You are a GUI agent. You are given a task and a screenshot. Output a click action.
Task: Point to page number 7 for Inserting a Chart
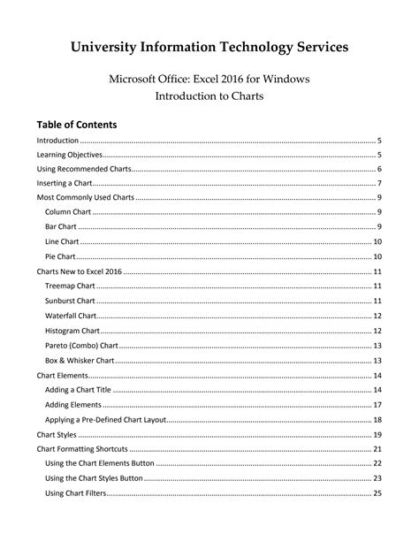click(x=378, y=183)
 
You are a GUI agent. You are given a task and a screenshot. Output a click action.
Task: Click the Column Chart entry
click(x=68, y=212)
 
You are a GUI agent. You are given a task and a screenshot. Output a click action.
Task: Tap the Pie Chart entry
click(x=61, y=256)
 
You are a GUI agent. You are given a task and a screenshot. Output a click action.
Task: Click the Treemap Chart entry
click(x=70, y=286)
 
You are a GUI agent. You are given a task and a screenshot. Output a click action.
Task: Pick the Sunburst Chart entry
click(x=70, y=302)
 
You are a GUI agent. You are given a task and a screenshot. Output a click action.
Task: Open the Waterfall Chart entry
click(x=71, y=316)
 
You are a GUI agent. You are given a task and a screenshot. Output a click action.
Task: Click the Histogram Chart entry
click(x=72, y=331)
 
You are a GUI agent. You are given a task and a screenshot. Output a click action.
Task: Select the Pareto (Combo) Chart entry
click(x=80, y=346)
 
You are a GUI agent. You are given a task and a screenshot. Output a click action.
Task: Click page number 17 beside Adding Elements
click(x=377, y=405)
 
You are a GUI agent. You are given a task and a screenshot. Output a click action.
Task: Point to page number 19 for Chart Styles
click(x=377, y=435)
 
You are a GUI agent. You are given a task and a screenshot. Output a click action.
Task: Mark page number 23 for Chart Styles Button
click(x=377, y=478)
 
